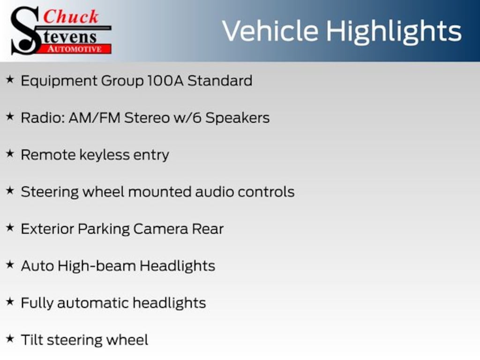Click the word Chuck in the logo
pyautogui.click(x=71, y=16)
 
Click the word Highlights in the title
pyautogui.click(x=394, y=32)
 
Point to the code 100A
pyautogui.click(x=165, y=81)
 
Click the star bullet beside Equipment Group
pyautogui.click(x=10, y=80)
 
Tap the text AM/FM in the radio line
pyautogui.click(x=95, y=118)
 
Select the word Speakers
pyautogui.click(x=238, y=118)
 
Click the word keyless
pyautogui.click(x=105, y=155)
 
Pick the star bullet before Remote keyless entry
pyautogui.click(x=10, y=153)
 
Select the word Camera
pyautogui.click(x=161, y=229)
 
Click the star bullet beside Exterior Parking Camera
pyautogui.click(x=10, y=227)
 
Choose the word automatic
pyautogui.click(x=93, y=303)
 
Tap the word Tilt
pyautogui.click(x=32, y=340)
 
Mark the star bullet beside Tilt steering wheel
pyautogui.click(x=10, y=338)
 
